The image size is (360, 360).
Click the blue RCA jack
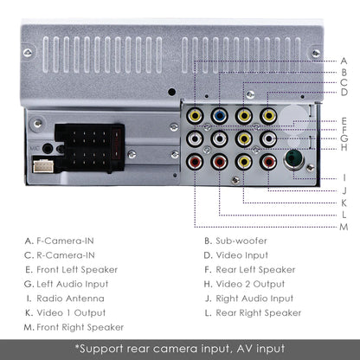221,114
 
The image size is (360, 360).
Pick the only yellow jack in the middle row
246,138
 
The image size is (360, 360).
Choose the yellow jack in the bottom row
246,160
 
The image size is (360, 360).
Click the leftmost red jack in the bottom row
198,160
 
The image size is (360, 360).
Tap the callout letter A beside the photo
344,60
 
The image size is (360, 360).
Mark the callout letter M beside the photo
344,227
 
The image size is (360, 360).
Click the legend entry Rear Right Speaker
259,312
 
